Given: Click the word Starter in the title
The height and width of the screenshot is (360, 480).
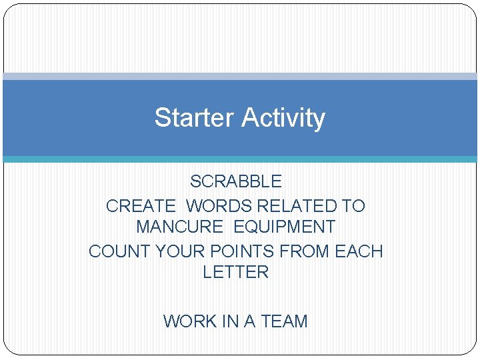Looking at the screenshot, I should pyautogui.click(x=195, y=118).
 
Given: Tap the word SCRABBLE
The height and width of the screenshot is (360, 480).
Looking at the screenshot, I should pyautogui.click(x=236, y=181).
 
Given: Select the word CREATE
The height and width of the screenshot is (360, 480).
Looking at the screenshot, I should pyautogui.click(x=141, y=206).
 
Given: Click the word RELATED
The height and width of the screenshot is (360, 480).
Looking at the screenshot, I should pyautogui.click(x=299, y=206).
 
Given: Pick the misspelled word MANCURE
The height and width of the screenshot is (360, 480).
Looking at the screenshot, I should pyautogui.click(x=179, y=227).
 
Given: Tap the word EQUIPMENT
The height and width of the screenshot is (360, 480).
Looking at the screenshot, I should pyautogui.click(x=284, y=227).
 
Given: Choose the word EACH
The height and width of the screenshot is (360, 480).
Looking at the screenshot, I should pyautogui.click(x=359, y=251).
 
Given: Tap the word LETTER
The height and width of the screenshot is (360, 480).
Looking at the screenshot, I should pyautogui.click(x=235, y=272).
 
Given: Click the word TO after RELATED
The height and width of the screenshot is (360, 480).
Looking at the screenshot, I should pyautogui.click(x=353, y=206).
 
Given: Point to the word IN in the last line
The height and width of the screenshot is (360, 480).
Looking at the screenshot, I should pyautogui.click(x=230, y=321).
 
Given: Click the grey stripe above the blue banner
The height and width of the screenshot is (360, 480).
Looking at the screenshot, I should pyautogui.click(x=240, y=77).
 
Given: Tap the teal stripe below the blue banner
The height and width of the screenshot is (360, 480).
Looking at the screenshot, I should pyautogui.click(x=240, y=159).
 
